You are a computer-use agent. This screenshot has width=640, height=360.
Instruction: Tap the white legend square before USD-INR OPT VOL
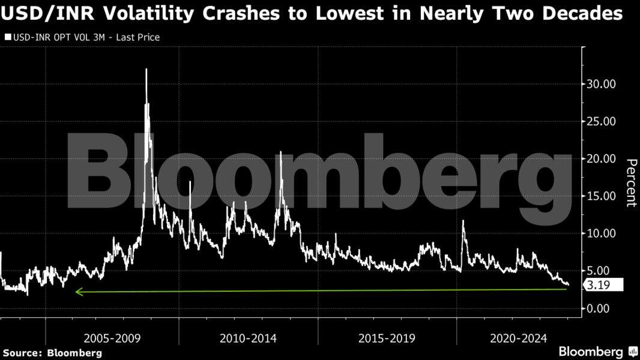tap(8, 37)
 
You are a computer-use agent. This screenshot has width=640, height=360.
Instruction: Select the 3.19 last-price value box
tap(606, 286)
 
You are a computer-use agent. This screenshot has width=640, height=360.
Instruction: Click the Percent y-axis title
tap(630, 182)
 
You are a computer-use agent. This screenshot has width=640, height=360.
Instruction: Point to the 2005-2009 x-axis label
tap(112, 338)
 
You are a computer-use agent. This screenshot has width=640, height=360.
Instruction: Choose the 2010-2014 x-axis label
tap(248, 338)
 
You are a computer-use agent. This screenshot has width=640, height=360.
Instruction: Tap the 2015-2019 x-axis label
tap(387, 338)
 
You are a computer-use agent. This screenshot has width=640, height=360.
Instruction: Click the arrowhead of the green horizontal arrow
tap(77, 292)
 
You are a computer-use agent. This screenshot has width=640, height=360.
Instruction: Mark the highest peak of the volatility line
tap(146, 70)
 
